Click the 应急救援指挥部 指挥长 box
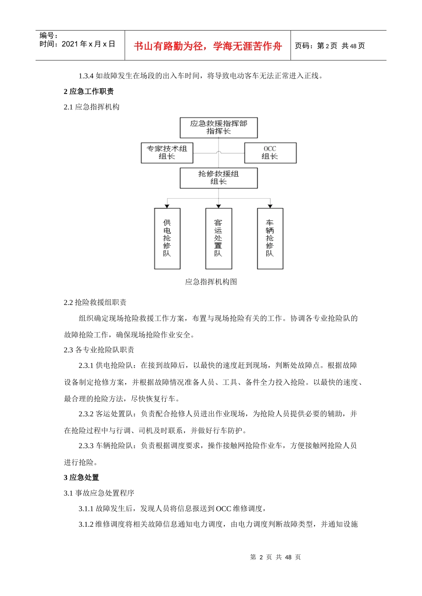pyautogui.click(x=219, y=127)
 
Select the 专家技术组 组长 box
pyautogui.click(x=167, y=153)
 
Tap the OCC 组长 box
pyautogui.click(x=270, y=153)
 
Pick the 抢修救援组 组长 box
pyautogui.click(x=219, y=178)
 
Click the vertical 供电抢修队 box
pyautogui.click(x=167, y=239)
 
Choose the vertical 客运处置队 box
pyautogui.click(x=219, y=239)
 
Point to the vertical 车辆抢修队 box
pyautogui.click(x=270, y=239)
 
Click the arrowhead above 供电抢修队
pyautogui.click(x=167, y=206)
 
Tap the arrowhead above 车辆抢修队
pyautogui.click(x=270, y=206)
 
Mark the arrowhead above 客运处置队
pyautogui.click(x=219, y=206)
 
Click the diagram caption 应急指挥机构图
pyautogui.click(x=211, y=282)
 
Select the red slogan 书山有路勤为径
pyautogui.click(x=208, y=46)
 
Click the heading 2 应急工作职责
pyautogui.click(x=89, y=91)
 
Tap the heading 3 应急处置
pyautogui.click(x=81, y=478)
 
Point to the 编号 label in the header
pyautogui.click(x=48, y=35)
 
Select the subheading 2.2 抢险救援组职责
pyautogui.click(x=95, y=302)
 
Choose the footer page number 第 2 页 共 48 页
pyautogui.click(x=275, y=557)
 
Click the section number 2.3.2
pyautogui.click(x=86, y=414)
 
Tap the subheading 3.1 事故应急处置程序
pyautogui.click(x=99, y=493)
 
